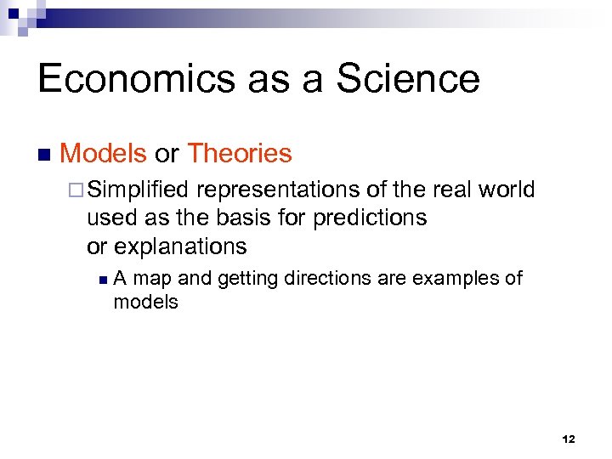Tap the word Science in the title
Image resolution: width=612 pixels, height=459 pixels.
click(x=408, y=79)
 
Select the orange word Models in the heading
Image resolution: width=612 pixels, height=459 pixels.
click(x=104, y=154)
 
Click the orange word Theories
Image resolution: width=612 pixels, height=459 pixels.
click(x=239, y=154)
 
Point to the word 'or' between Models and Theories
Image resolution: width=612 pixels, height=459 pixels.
click(x=167, y=154)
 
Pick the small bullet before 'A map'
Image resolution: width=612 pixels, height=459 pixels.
click(x=102, y=279)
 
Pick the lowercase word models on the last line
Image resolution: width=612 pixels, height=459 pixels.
click(x=145, y=302)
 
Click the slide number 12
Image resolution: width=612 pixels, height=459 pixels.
click(x=568, y=439)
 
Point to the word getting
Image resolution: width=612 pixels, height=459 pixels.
click(x=247, y=279)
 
